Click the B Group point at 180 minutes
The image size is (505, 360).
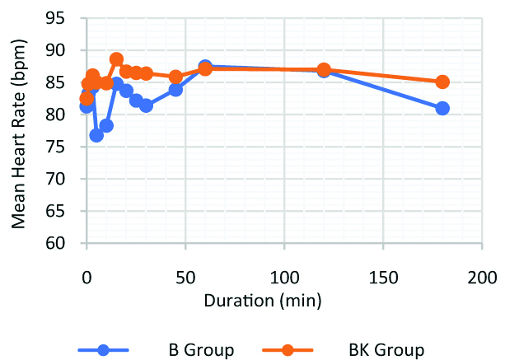pyautogui.click(x=442, y=108)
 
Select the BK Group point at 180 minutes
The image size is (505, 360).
pyautogui.click(x=442, y=82)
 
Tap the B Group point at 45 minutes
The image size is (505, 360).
pyautogui.click(x=175, y=89)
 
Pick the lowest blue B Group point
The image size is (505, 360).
pyautogui.click(x=96, y=135)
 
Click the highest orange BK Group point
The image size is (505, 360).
pyautogui.click(x=116, y=59)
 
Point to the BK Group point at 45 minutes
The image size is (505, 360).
pyautogui.click(x=175, y=77)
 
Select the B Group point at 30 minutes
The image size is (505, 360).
pyautogui.click(x=146, y=105)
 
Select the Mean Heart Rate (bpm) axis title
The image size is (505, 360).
pyautogui.click(x=18, y=132)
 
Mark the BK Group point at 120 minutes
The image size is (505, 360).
pyautogui.click(x=324, y=70)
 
